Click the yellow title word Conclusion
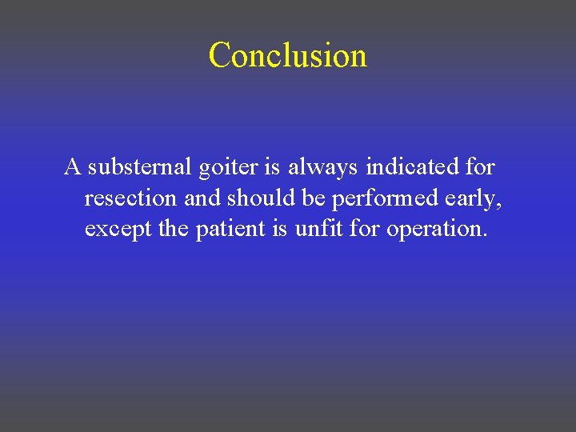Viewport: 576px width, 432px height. tap(288, 56)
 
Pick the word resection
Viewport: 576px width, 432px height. tap(131, 198)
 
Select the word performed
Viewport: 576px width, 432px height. tap(387, 198)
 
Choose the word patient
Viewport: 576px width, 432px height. tap(230, 229)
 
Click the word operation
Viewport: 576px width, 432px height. tap(436, 230)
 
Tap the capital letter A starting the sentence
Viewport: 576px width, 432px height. tap(73, 167)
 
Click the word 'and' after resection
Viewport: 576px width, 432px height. tap(200, 198)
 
